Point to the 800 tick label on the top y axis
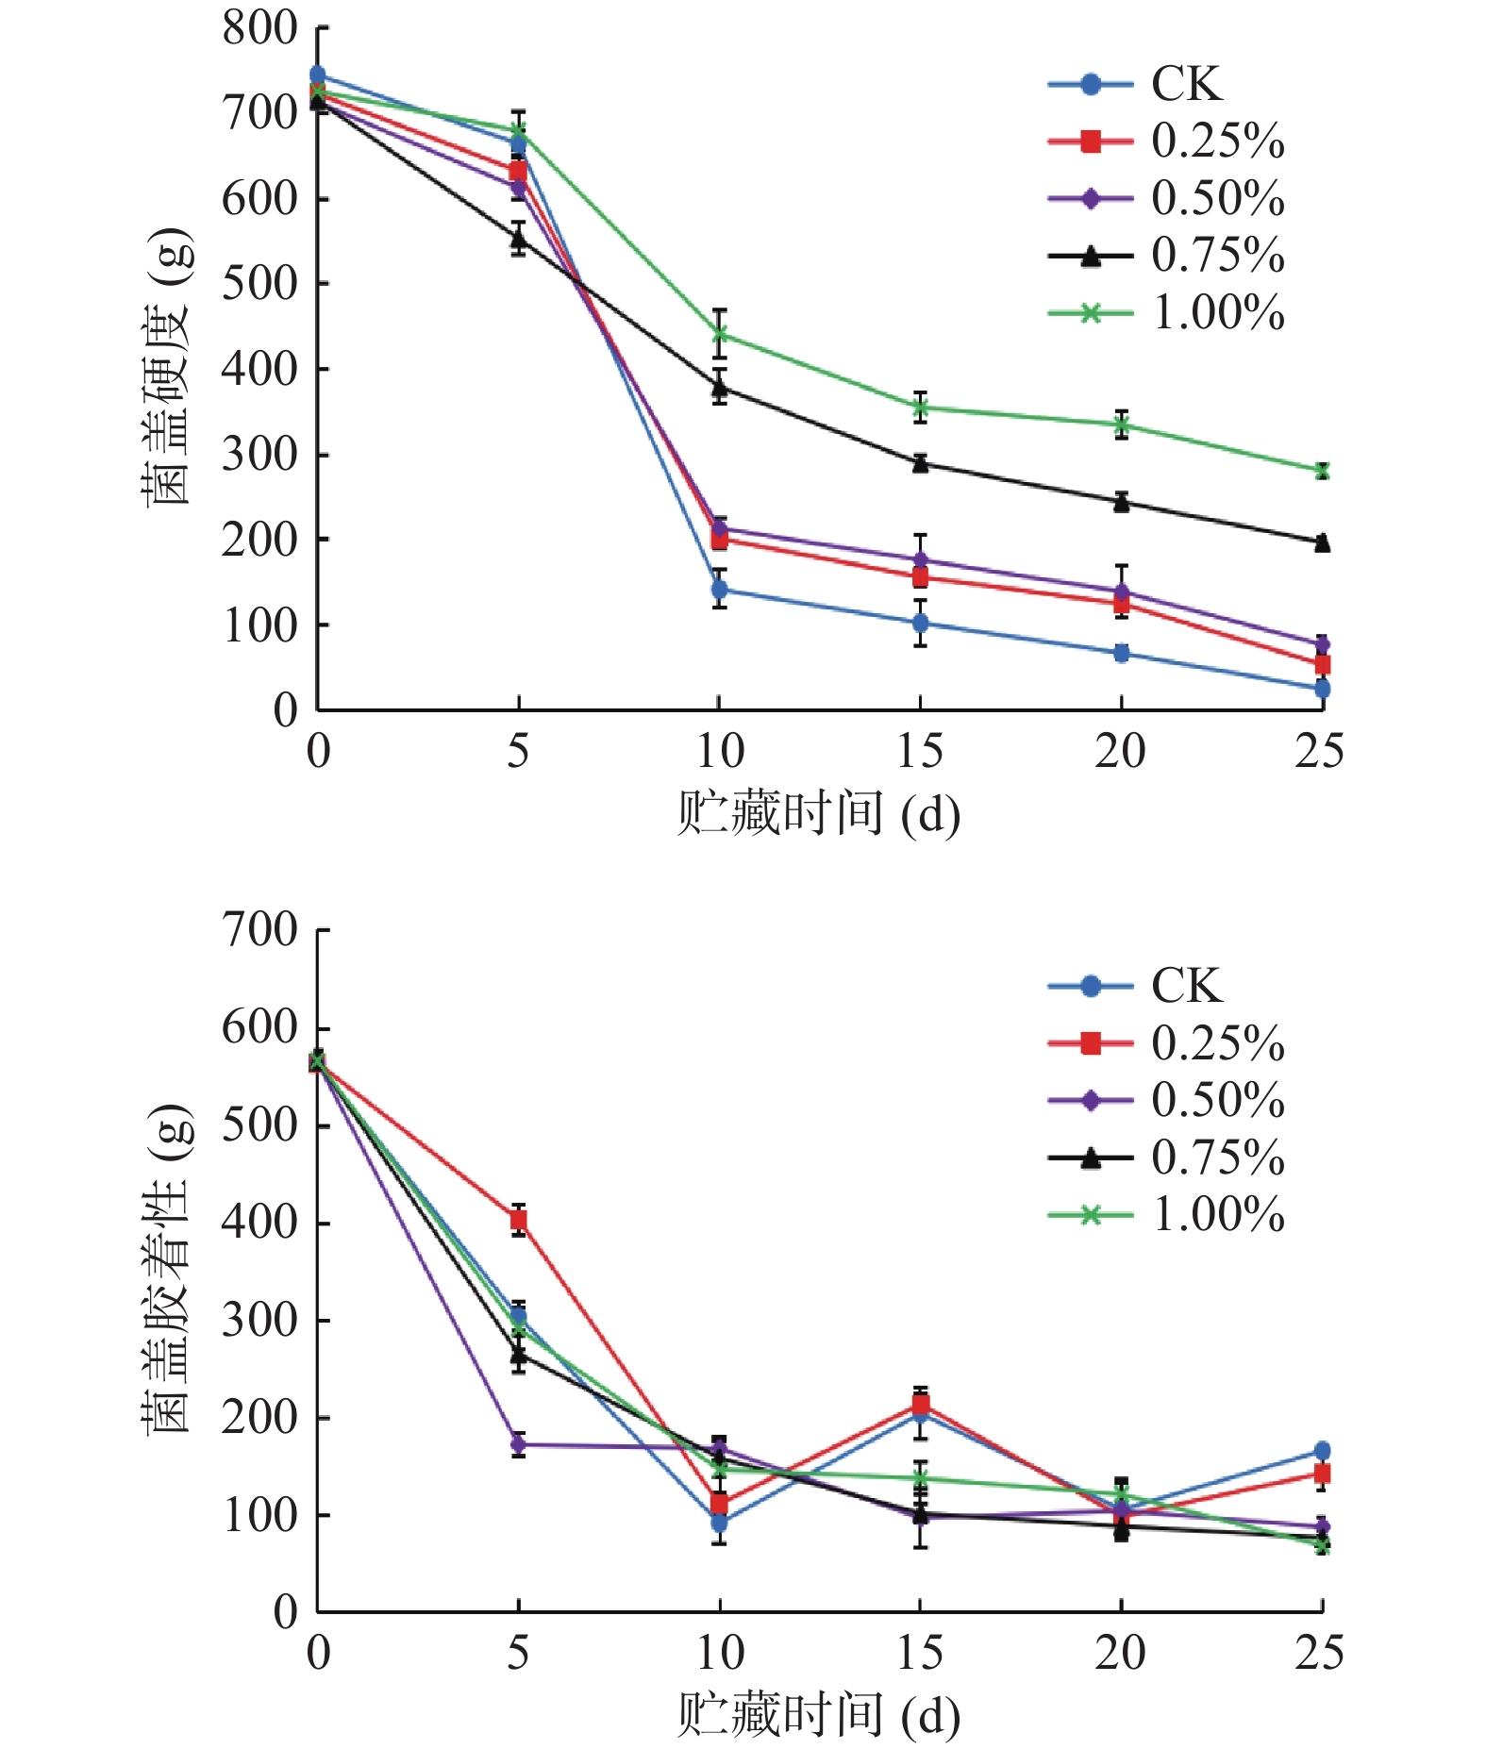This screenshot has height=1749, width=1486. tap(259, 28)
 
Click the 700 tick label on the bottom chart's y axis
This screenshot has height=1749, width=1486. tap(259, 930)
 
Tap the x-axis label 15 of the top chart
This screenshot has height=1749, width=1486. tap(919, 752)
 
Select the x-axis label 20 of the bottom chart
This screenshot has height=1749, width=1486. tap(1120, 1653)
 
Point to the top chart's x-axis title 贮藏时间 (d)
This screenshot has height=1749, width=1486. tap(818, 813)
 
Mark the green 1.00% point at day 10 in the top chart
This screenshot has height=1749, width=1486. tap(720, 333)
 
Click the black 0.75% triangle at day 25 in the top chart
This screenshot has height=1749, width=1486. tap(1322, 542)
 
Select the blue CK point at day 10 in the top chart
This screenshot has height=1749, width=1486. tap(720, 591)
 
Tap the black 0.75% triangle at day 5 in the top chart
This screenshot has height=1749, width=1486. tap(518, 239)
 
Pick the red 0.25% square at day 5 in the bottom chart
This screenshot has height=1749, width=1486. tap(518, 1220)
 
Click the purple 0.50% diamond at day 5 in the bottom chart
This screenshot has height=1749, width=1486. tap(518, 1444)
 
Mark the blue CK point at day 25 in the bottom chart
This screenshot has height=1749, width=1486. tap(1322, 1451)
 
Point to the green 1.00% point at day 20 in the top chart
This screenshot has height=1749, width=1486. tap(1121, 425)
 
